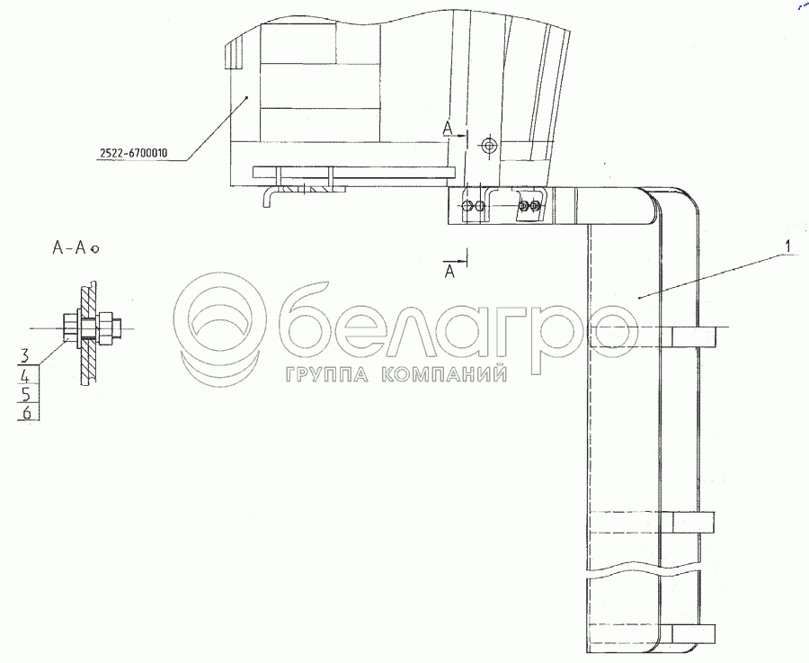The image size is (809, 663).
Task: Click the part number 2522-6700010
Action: [x=134, y=153]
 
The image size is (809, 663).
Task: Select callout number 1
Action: [x=787, y=247]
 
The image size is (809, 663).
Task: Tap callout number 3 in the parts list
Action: [x=25, y=355]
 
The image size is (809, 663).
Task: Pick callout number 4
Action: [x=25, y=375]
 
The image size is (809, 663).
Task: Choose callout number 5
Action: [x=26, y=395]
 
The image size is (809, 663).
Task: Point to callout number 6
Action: [x=27, y=413]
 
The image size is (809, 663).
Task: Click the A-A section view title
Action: [x=68, y=248]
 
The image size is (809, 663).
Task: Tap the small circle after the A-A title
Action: [x=93, y=249]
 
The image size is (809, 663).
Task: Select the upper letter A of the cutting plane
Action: [x=448, y=128]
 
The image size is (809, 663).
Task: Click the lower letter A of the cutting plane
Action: [x=450, y=271]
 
